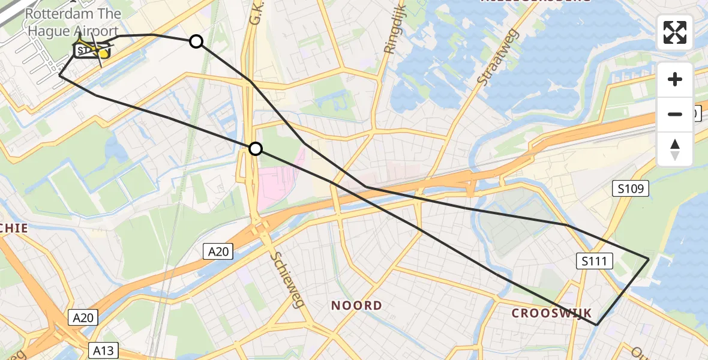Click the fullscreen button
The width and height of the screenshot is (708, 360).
click(675, 32)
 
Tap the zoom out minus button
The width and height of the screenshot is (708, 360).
click(675, 114)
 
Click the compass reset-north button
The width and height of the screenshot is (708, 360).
click(675, 149)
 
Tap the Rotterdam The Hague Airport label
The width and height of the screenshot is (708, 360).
click(73, 22)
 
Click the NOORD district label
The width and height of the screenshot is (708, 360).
click(356, 305)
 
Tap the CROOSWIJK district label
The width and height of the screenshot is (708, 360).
click(551, 313)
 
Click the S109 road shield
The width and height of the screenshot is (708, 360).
click(631, 189)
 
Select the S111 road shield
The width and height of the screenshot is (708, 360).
click(595, 260)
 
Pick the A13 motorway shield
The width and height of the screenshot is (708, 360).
click(103, 350)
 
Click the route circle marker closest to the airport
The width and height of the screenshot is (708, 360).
click(196, 41)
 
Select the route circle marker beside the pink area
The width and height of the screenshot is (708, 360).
click(256, 149)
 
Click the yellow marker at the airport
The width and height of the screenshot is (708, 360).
click(103, 53)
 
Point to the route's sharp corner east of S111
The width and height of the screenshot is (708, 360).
click(649, 258)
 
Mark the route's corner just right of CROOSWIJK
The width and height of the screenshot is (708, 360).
click(596, 325)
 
